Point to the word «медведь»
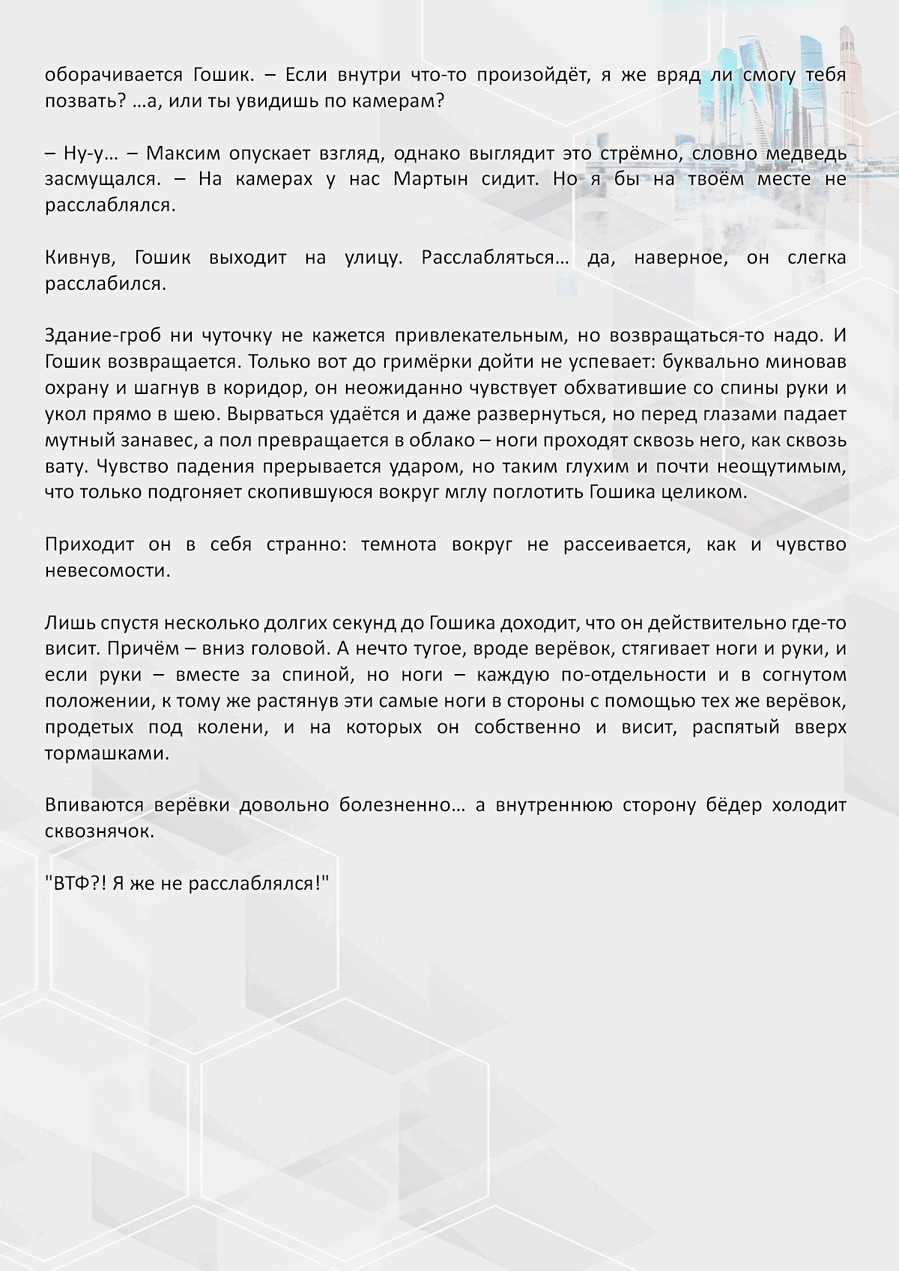[806, 154]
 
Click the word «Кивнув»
[80, 258]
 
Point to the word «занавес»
[145, 441]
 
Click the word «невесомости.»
[108, 571]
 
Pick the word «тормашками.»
[107, 754]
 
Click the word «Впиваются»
[94, 806]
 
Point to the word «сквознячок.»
[100, 832]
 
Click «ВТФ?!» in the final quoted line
[76, 884]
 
